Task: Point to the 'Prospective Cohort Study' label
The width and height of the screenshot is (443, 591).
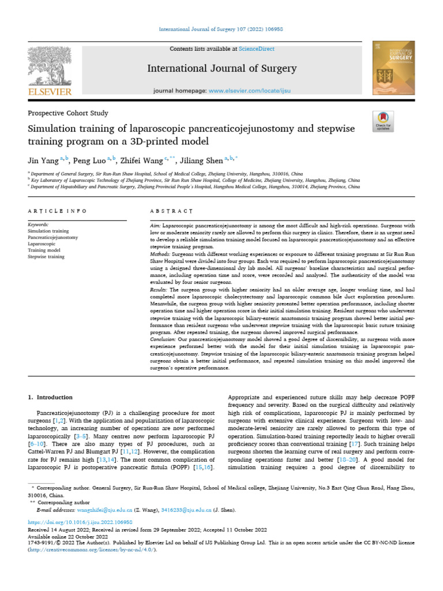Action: click(68, 113)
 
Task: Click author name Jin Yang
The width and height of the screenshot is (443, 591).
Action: click(43, 160)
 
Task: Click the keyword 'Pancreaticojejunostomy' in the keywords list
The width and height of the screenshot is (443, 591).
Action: click(53, 237)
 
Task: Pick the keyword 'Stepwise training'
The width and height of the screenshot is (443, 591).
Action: click(46, 257)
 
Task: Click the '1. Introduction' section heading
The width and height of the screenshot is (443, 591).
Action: click(51, 397)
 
